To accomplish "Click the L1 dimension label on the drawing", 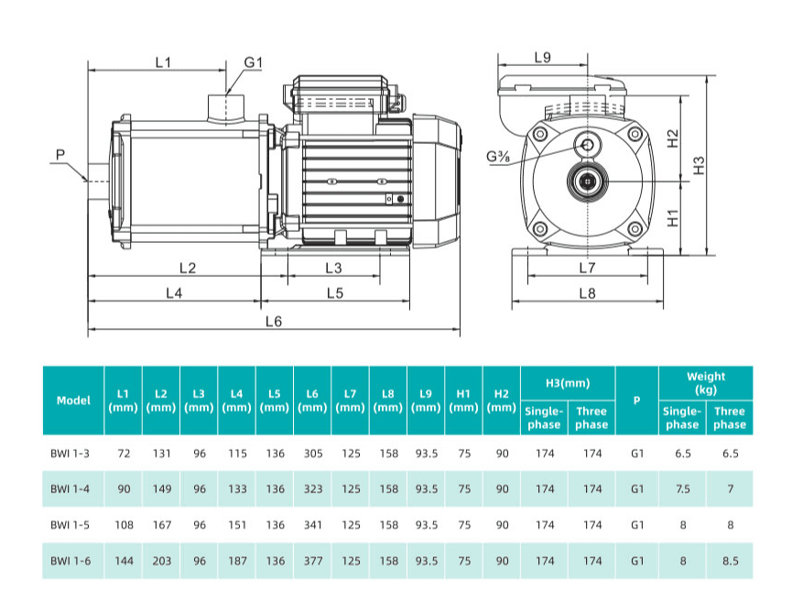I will [x=163, y=62].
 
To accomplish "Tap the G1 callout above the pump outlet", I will [x=254, y=62].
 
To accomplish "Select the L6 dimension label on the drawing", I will [x=273, y=322].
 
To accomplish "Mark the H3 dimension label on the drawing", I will [x=700, y=165].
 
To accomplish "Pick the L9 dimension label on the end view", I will [x=541, y=58].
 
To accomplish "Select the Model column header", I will [x=73, y=401].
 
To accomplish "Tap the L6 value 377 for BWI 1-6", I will [x=312, y=561].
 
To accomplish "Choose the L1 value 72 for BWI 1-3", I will [x=124, y=453].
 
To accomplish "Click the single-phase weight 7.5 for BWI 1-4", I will [x=682, y=489].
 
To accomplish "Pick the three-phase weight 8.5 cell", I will [x=730, y=561].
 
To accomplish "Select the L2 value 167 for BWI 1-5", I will [x=161, y=525].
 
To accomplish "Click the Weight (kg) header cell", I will [x=705, y=383].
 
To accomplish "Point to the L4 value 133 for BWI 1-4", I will [x=237, y=489].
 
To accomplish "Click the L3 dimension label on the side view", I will [x=333, y=268].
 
